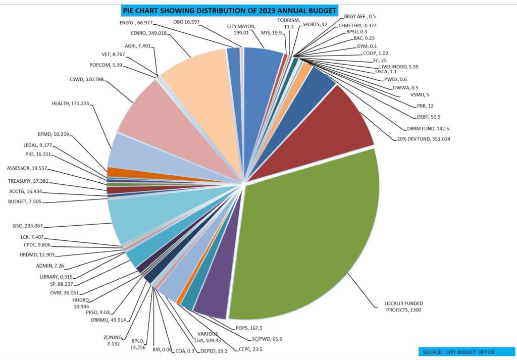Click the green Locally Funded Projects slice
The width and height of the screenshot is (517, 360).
coord(308,227)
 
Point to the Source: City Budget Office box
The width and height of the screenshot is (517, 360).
coord(459,352)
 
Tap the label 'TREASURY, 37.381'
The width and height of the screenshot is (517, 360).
coord(28,181)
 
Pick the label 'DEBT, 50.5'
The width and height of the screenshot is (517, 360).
coord(427,117)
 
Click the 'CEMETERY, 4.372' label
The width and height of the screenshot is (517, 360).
coord(359,25)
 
